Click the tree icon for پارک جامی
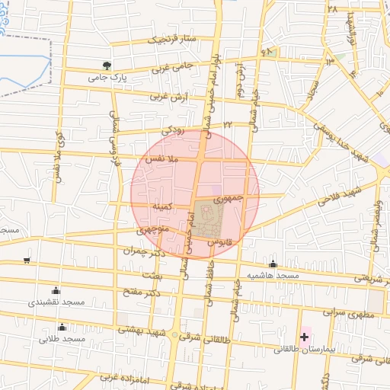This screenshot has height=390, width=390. click(107, 66)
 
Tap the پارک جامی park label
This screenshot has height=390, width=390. click(107, 77)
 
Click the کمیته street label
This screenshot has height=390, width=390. click(166, 206)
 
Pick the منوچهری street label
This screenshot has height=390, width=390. click(152, 227)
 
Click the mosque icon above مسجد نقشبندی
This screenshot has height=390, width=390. click(56, 290)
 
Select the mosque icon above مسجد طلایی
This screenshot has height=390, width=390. click(62, 327)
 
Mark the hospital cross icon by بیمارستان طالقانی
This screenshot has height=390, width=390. click(305, 336)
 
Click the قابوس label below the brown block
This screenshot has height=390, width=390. click(219, 241)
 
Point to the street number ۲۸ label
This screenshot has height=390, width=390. click(332, 8)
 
